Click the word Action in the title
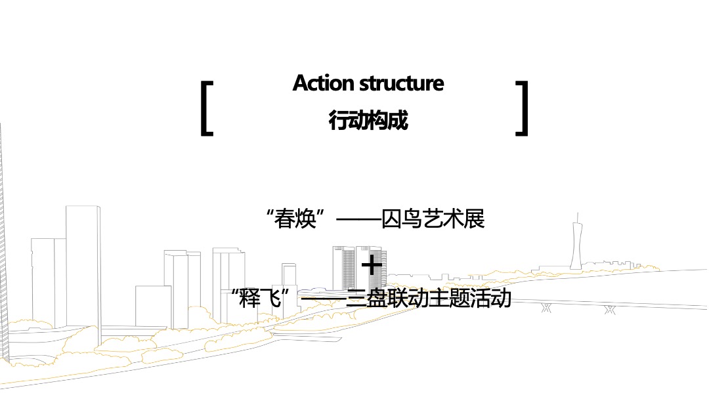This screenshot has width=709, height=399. click(320, 84)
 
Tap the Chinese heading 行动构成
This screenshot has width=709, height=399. click(368, 121)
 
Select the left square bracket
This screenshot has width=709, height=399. click(207, 108)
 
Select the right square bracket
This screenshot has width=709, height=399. click(523, 108)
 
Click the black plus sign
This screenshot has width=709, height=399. click(372, 265)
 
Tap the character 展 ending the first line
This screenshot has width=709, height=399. click(474, 219)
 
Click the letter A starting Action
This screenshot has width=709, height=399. click(301, 84)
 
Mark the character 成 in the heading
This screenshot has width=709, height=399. click(398, 121)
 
